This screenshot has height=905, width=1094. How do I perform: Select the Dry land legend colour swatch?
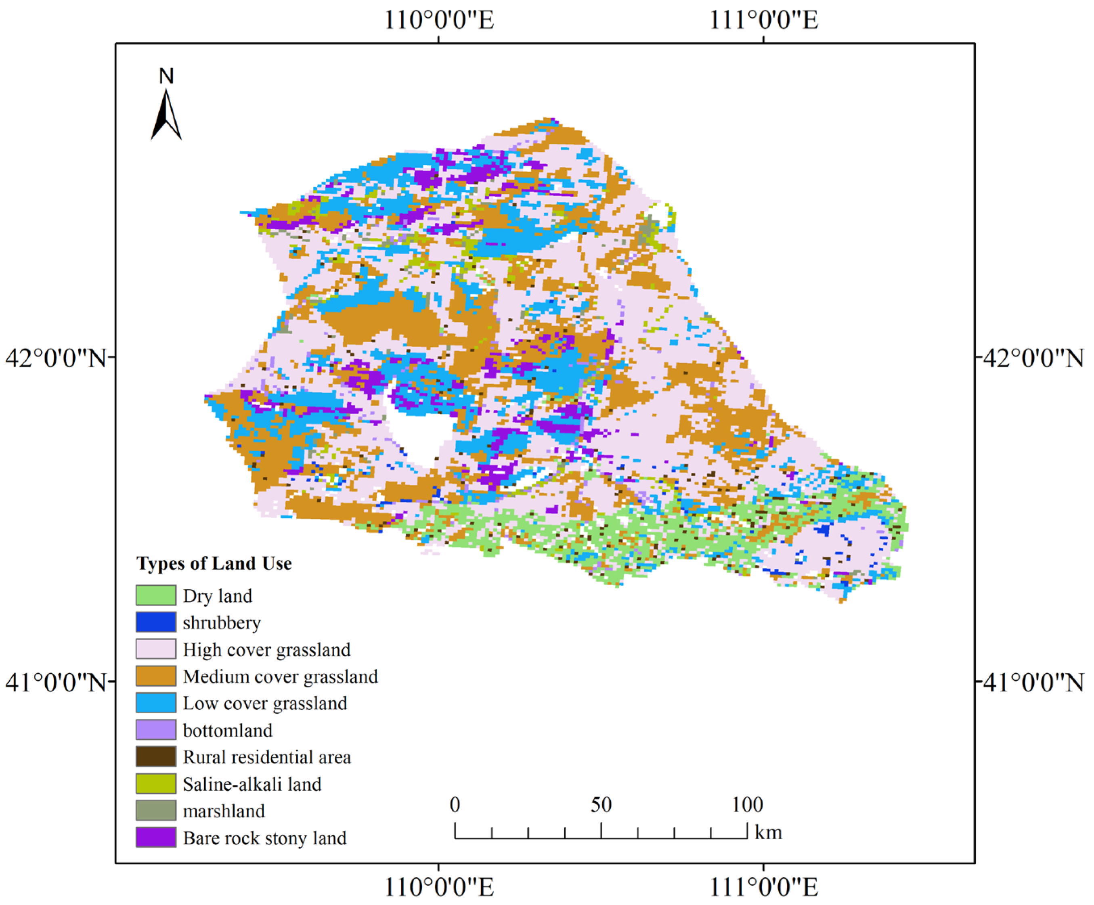156,595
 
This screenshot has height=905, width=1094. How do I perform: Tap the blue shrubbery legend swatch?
156,622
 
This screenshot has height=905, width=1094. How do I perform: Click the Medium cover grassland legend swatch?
156,676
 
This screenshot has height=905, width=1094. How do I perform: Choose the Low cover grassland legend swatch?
156,703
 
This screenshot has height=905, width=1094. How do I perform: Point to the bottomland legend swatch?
156,730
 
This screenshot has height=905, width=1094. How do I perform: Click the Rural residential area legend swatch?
156,756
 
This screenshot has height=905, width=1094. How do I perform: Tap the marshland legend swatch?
156,811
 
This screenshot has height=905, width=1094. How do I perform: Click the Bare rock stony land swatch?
156,838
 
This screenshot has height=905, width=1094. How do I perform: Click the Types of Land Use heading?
214,563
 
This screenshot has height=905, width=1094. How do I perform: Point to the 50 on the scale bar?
601,805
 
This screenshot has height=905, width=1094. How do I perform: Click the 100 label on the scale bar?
747,805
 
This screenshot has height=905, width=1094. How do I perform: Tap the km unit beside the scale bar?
768,833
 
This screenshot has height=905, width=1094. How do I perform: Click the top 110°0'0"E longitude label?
439,20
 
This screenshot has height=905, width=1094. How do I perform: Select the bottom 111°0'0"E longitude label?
764,887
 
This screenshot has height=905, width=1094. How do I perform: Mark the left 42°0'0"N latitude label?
55,358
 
